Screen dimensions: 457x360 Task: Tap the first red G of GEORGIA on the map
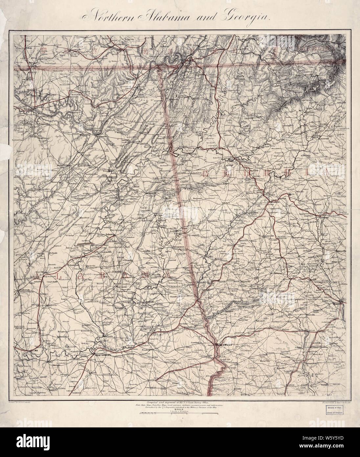[x=207, y=174]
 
